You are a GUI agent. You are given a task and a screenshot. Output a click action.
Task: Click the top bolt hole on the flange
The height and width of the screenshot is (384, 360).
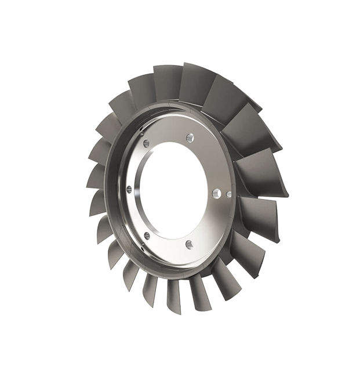click(x=190, y=138)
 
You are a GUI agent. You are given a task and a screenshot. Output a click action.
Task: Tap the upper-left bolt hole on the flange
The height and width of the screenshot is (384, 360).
click(x=146, y=143)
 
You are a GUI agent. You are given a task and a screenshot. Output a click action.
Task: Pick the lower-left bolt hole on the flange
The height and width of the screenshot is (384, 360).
click(x=146, y=235)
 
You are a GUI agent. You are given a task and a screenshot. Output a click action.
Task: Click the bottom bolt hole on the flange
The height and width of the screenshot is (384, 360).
click(x=189, y=245)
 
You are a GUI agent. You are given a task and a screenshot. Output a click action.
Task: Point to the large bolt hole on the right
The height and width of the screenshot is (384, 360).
click(x=216, y=193)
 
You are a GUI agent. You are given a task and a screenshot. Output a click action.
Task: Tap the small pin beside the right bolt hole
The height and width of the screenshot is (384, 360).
click(x=229, y=194)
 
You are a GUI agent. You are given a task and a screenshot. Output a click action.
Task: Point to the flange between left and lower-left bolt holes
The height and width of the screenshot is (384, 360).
click(x=134, y=215)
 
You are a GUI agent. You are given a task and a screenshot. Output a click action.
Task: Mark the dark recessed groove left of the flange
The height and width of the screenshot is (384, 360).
click(x=114, y=191)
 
